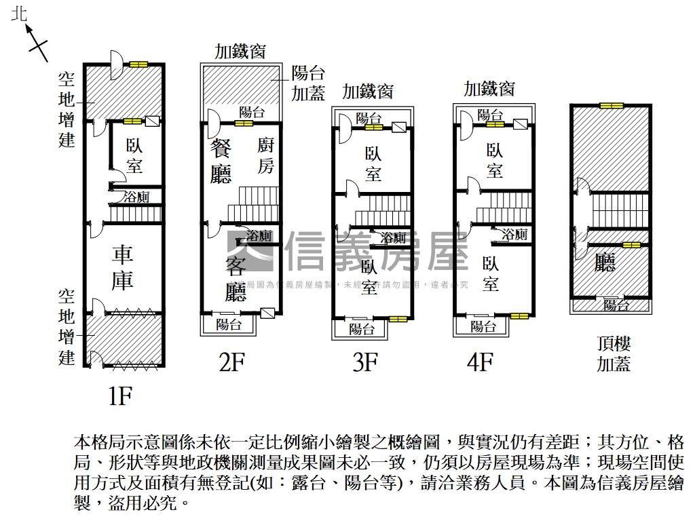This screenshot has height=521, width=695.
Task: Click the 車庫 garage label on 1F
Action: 123,267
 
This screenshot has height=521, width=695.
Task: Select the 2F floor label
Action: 231,363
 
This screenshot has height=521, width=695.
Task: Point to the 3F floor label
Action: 364,363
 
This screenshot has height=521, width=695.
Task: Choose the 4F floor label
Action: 479,363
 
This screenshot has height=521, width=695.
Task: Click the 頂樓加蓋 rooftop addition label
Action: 614,354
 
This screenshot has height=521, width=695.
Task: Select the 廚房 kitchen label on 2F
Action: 265,155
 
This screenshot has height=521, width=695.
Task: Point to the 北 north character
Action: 20,14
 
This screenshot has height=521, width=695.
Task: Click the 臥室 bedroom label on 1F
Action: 135,155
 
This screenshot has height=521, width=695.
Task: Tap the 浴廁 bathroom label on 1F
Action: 136,197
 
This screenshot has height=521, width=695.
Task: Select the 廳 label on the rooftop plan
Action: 604,263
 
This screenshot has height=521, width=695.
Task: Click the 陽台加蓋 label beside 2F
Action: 308,83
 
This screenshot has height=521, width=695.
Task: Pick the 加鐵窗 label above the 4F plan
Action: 489,88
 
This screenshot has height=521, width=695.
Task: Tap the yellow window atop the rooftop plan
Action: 610,106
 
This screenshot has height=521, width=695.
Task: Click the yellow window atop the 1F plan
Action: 139,64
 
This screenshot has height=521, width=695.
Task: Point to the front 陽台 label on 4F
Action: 483,327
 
